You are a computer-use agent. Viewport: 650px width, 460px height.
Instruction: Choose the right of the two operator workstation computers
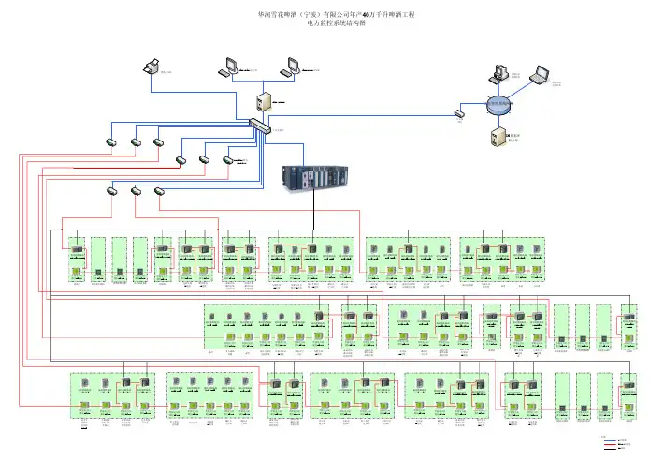pyautogui.click(x=291, y=66)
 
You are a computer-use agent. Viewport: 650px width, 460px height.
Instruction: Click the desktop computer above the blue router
pyautogui.click(x=496, y=71)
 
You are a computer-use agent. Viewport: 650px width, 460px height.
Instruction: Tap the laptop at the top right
pyautogui.click(x=541, y=74)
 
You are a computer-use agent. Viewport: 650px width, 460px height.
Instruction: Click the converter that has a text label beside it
pyautogui.click(x=227, y=161)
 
